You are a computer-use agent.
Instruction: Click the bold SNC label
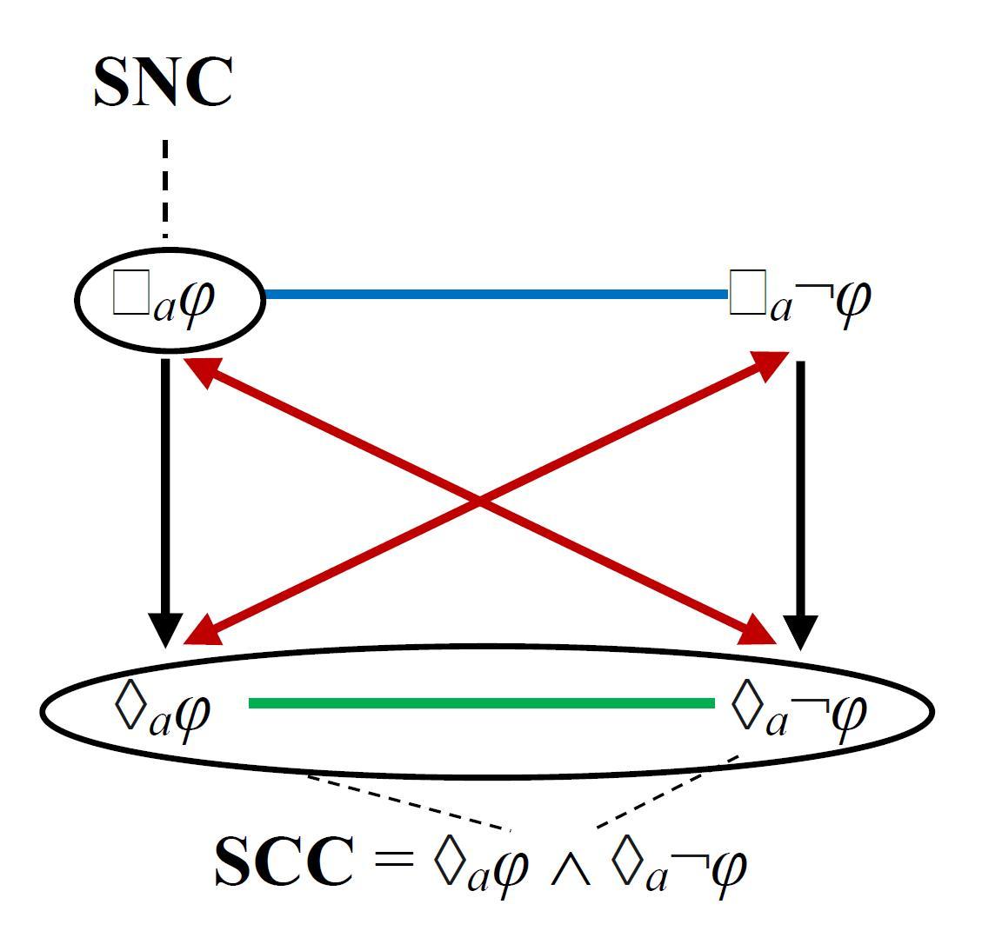[163, 83]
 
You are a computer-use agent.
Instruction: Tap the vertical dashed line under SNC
[164, 187]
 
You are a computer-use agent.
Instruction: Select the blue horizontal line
[495, 295]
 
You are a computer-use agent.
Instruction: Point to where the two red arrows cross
[479, 502]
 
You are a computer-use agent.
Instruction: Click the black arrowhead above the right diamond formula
[800, 631]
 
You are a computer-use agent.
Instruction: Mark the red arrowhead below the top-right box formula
[771, 364]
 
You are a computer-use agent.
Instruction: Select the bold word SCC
[284, 863]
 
